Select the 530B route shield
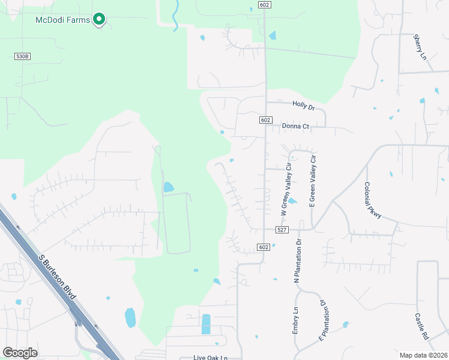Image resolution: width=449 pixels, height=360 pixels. coord(22,56)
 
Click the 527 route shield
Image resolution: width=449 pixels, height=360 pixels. coord(283,230)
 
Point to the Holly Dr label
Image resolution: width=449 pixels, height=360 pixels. coord(303,105)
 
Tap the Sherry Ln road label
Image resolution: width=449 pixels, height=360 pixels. coord(419,47)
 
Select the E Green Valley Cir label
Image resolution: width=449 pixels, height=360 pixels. coord(313,181)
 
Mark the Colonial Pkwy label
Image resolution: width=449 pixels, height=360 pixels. coord(373,200)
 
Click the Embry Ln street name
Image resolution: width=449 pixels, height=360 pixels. coord(295,321)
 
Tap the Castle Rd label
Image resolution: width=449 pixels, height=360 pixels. coord(421,324)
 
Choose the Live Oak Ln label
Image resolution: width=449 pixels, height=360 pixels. coord(211,358)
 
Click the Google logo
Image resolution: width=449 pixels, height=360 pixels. coord(20,353)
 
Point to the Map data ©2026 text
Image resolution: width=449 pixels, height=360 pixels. coord(423,355)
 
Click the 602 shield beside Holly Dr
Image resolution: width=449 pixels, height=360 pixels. coord(265,120)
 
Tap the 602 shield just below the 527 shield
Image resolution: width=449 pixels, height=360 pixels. coord(264,247)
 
